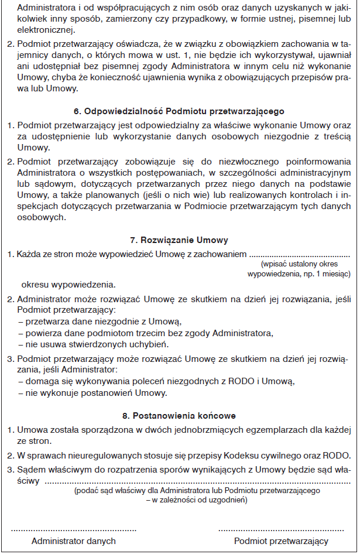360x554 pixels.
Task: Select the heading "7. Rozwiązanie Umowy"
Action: (x=179, y=240)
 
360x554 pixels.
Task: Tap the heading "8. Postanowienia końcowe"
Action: (x=179, y=416)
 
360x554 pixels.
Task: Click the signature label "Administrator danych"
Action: (x=74, y=541)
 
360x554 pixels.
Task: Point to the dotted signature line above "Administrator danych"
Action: (x=74, y=529)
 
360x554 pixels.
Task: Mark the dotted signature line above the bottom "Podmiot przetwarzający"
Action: (x=281, y=529)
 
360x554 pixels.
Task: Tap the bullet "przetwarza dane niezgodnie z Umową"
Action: (x=100, y=322)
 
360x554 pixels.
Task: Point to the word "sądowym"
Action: (x=53, y=184)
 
